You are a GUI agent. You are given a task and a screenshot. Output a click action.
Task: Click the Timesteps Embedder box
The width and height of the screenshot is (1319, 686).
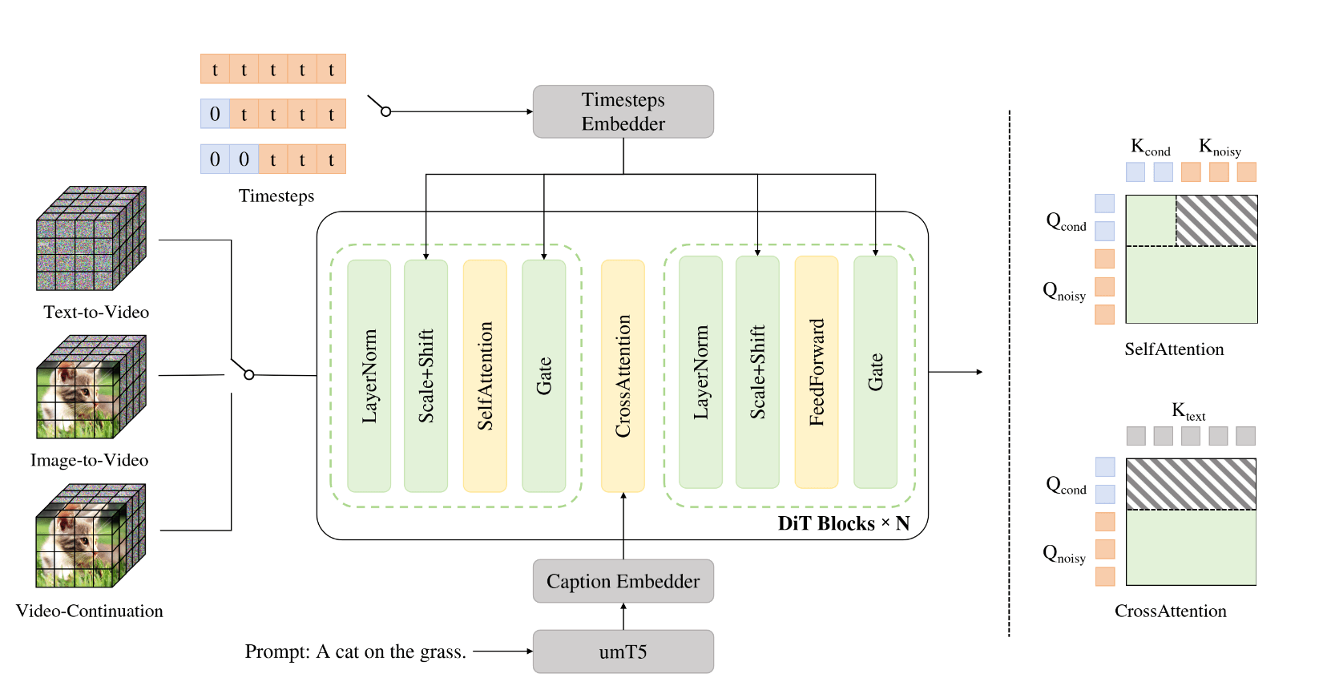tap(623, 111)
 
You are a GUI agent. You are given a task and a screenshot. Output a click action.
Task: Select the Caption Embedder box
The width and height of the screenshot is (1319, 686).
tap(623, 581)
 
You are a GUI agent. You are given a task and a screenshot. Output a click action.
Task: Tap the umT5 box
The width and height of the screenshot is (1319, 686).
tap(623, 652)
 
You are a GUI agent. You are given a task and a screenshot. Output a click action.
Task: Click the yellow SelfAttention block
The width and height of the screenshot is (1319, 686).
tap(485, 376)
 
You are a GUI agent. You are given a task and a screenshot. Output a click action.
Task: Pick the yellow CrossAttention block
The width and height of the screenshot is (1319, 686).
tap(623, 376)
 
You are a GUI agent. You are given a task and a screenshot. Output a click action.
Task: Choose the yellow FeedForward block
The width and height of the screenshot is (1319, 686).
tap(816, 372)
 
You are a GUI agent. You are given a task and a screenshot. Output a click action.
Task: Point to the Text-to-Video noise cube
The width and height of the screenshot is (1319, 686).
tap(91, 239)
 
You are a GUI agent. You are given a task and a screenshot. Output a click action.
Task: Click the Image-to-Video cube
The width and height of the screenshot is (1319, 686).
tap(91, 387)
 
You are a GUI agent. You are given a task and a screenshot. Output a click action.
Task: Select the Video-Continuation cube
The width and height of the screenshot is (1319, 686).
tap(91, 535)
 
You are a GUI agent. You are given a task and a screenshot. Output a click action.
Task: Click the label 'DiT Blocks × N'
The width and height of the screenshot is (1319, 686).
tap(843, 523)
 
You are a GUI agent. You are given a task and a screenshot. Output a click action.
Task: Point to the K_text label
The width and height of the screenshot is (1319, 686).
tap(1188, 412)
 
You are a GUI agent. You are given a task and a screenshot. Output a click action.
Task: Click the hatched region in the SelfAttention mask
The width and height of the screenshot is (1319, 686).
tap(1216, 220)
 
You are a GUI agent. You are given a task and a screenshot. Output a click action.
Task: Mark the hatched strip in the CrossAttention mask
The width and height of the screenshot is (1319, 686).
tap(1191, 484)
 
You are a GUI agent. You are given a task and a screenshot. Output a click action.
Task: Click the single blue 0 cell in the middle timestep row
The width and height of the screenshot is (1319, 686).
tap(215, 114)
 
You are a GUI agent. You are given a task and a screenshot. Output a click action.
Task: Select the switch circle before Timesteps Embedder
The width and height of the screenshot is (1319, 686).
tap(385, 111)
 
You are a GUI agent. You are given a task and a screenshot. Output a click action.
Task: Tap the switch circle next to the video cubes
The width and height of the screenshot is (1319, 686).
tap(249, 374)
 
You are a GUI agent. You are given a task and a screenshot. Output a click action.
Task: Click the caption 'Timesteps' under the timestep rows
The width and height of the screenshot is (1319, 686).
tap(276, 196)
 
